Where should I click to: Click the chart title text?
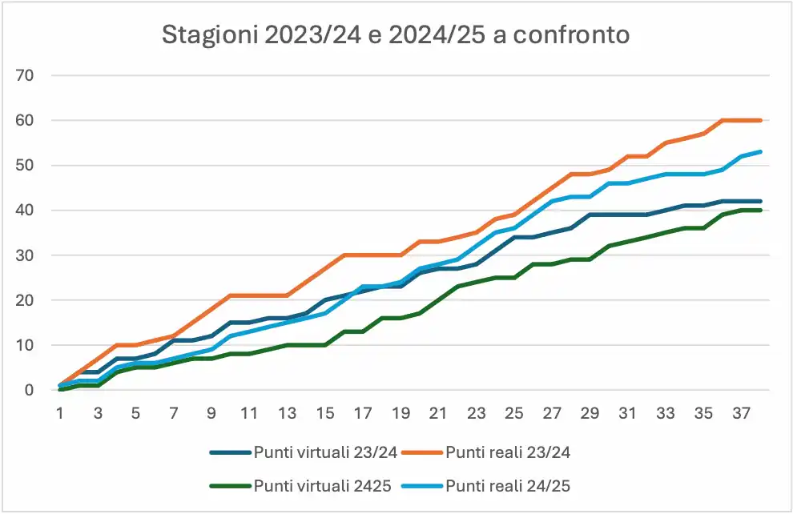396,35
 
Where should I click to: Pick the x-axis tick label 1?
59,414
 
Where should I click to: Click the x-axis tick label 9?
212,414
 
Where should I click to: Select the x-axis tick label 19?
401,414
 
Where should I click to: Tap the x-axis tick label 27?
552,414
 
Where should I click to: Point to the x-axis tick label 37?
741,414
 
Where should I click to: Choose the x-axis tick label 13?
287,414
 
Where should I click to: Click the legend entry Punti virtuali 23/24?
325,452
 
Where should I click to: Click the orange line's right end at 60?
760,120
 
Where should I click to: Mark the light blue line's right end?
760,151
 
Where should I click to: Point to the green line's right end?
760,211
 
